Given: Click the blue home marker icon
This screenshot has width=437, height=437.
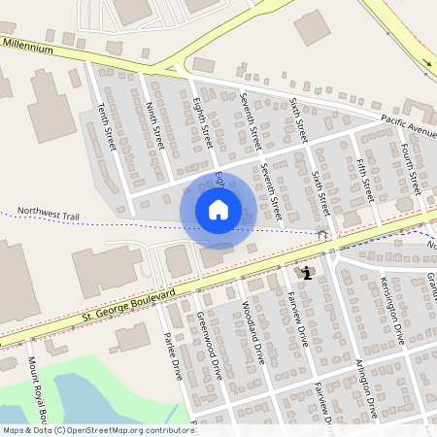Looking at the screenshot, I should pyautogui.click(x=218, y=210).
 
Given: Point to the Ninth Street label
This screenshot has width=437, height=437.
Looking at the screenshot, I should pyautogui.click(x=154, y=126).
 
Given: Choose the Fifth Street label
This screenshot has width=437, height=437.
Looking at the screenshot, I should pyautogui.click(x=365, y=179).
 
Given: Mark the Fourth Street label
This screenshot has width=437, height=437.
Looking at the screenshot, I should pyautogui.click(x=409, y=166).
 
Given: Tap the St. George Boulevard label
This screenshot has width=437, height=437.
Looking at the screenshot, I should pyautogui.click(x=128, y=304).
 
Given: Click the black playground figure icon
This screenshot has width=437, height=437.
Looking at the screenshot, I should pyautogui.click(x=308, y=273).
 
